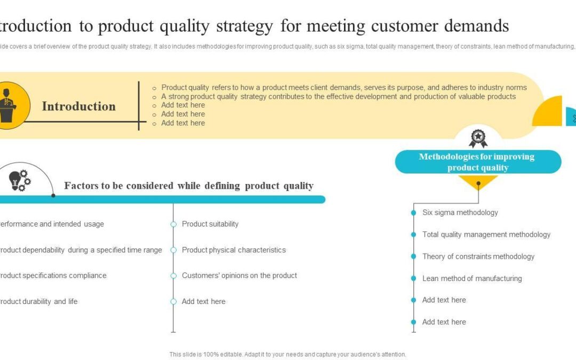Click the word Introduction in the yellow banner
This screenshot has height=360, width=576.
tap(78, 106)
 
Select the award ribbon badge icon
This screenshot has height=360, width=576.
tap(478, 138)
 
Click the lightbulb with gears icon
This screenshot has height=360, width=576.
tap(20, 181)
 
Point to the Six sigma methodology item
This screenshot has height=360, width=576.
tap(460, 212)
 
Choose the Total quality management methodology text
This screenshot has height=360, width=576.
tap(486, 234)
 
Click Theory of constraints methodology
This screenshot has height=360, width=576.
tap(478, 257)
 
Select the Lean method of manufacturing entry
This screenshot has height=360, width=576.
tap(471, 278)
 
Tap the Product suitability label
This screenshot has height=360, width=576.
tap(210, 224)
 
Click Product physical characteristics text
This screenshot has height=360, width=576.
tap(234, 250)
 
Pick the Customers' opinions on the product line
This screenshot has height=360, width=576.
tap(239, 276)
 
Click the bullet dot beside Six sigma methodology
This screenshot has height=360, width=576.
tap(413, 213)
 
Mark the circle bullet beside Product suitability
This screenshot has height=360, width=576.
tap(173, 225)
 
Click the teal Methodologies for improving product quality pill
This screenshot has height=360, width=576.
tap(477, 162)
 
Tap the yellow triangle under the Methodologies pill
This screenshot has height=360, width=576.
tap(478, 182)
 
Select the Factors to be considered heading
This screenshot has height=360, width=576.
tap(189, 186)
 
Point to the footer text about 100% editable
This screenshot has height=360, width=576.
tap(287, 354)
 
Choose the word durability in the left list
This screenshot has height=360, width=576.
tap(38, 301)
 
